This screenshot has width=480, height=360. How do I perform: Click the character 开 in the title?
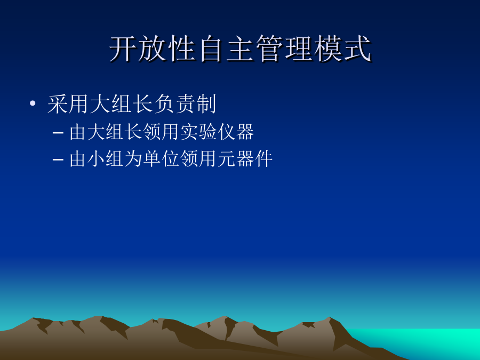click(123, 49)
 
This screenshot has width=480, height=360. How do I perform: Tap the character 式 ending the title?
click(357, 49)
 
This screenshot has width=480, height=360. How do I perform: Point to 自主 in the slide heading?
click(226, 49)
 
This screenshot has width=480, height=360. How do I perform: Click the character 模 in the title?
click(328, 49)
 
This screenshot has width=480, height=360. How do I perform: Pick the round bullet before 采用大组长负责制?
click(33, 103)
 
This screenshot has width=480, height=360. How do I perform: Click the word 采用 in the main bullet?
click(68, 104)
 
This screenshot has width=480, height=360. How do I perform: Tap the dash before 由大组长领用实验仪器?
click(58, 133)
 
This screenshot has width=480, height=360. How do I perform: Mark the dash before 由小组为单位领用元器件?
click(58, 159)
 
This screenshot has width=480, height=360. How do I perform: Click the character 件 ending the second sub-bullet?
click(263, 158)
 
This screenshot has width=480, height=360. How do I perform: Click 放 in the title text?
click(153, 49)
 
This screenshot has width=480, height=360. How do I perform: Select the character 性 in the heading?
click(182, 49)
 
